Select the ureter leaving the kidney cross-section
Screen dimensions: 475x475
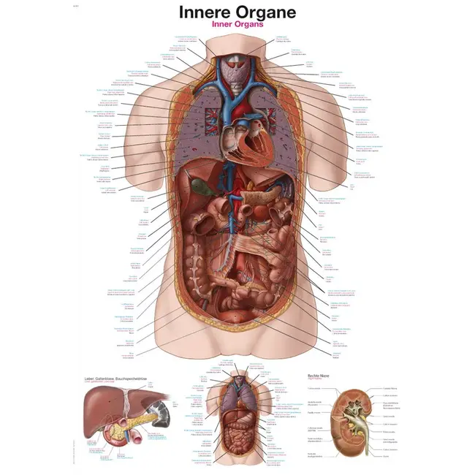coord(357,452)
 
